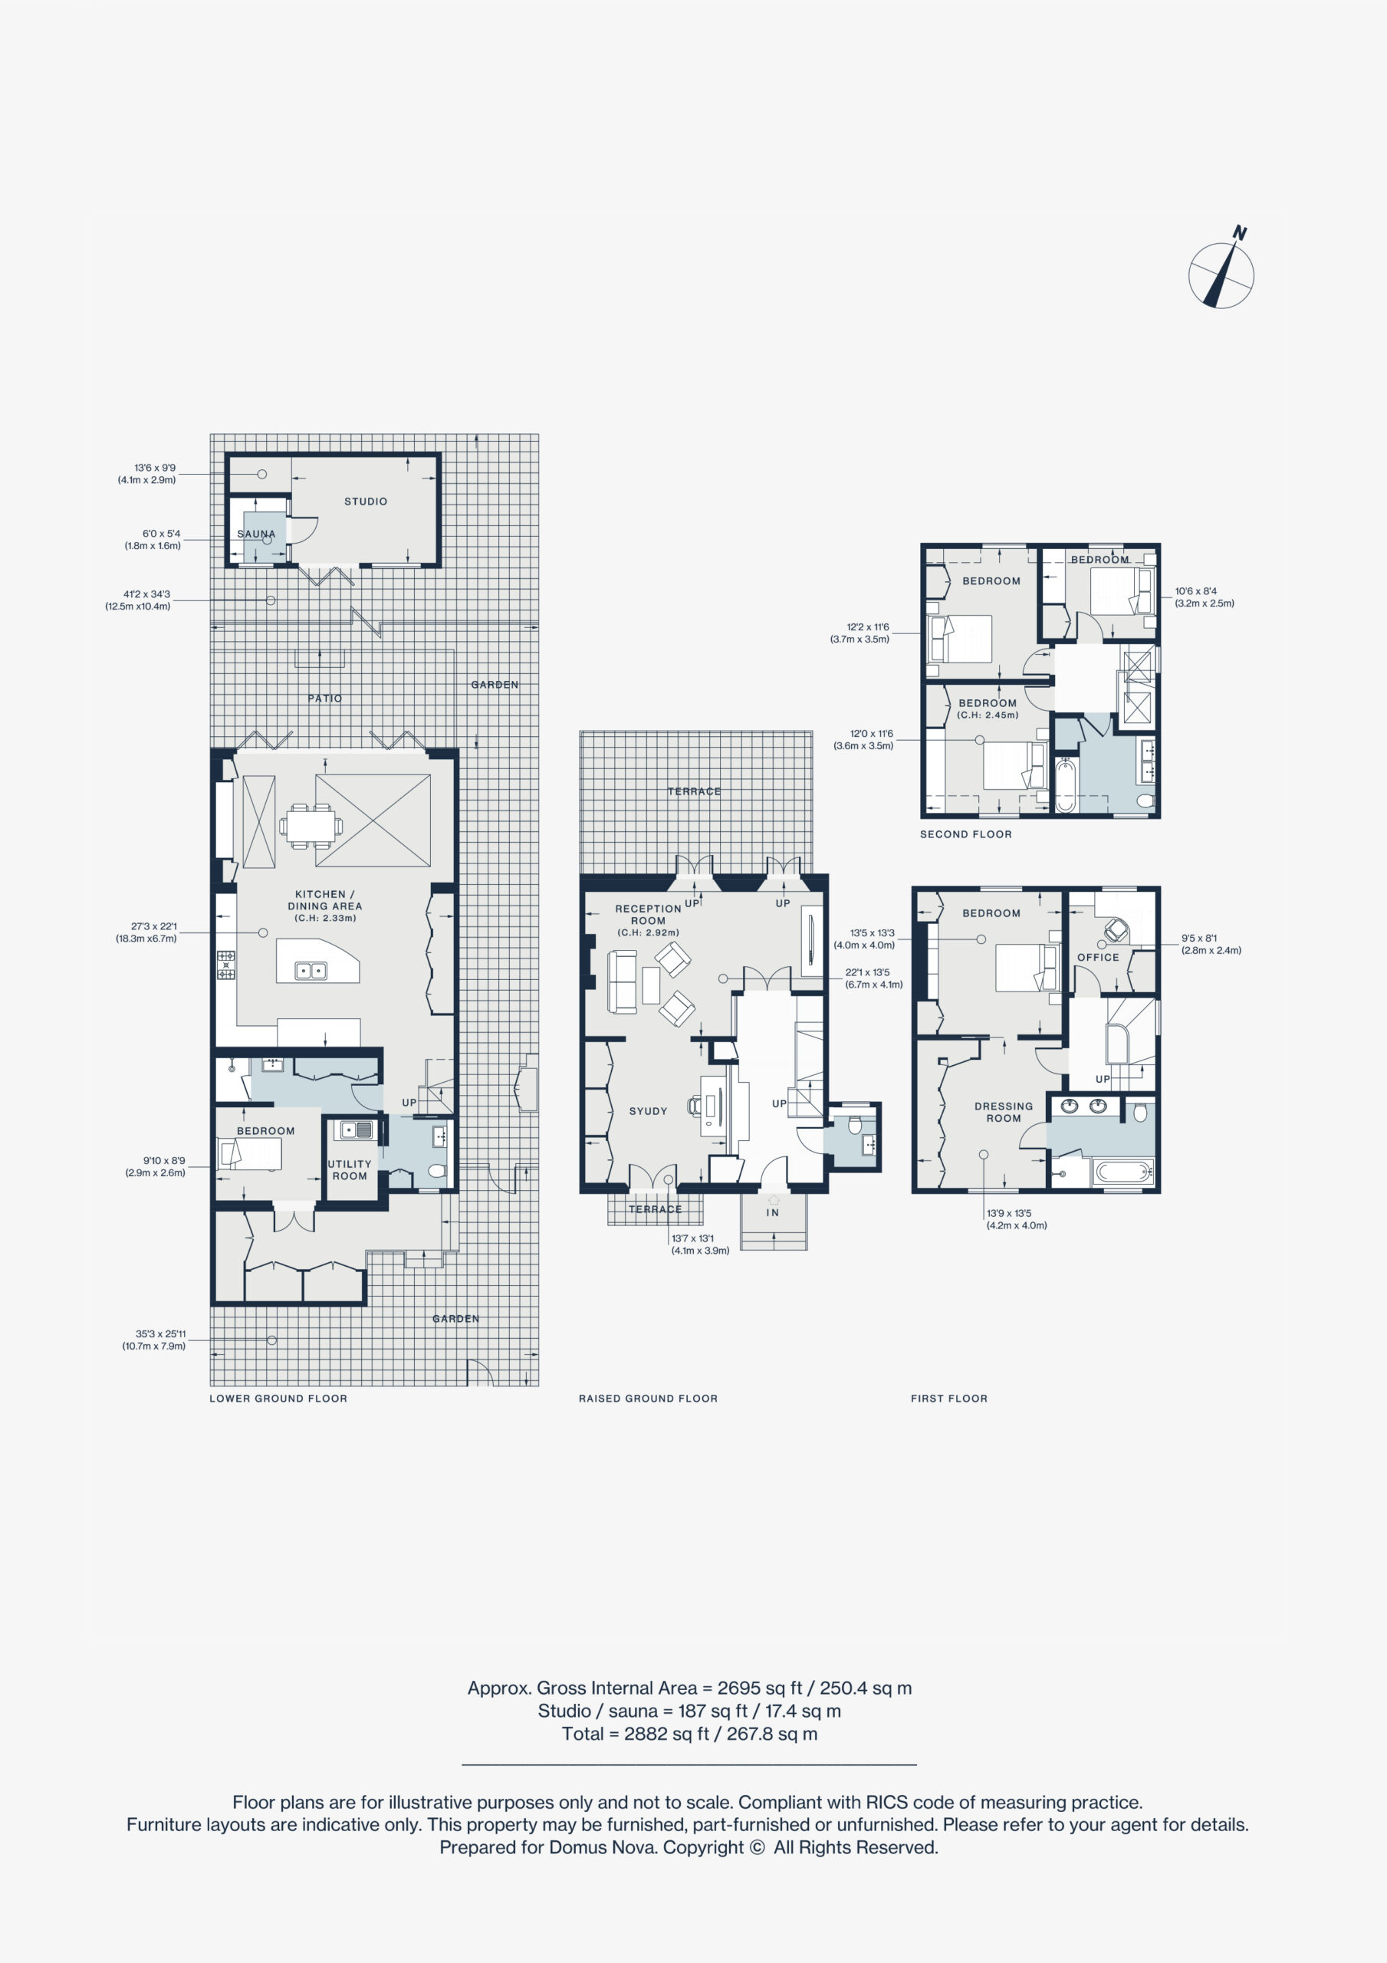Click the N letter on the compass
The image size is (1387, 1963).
[x=1239, y=232]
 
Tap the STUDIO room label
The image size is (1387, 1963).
[x=365, y=501]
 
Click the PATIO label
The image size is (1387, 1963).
[x=325, y=699]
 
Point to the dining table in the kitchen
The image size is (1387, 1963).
[x=311, y=826]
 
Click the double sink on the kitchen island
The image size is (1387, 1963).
[x=311, y=971]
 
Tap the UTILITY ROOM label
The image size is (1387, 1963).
[x=350, y=1169]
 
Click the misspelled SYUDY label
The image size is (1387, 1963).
[x=647, y=1111]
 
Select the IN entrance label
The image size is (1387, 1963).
[x=772, y=1212]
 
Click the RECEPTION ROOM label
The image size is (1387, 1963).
[x=648, y=915]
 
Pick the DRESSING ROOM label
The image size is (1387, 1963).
[x=1003, y=1113]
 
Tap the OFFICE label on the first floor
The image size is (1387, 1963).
[x=1098, y=958]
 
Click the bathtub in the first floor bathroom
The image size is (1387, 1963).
[x=1123, y=1172]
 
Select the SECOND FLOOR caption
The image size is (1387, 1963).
[x=965, y=834]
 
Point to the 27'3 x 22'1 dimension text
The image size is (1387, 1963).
[x=154, y=926]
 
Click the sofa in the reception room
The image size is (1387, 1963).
[x=623, y=981]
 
